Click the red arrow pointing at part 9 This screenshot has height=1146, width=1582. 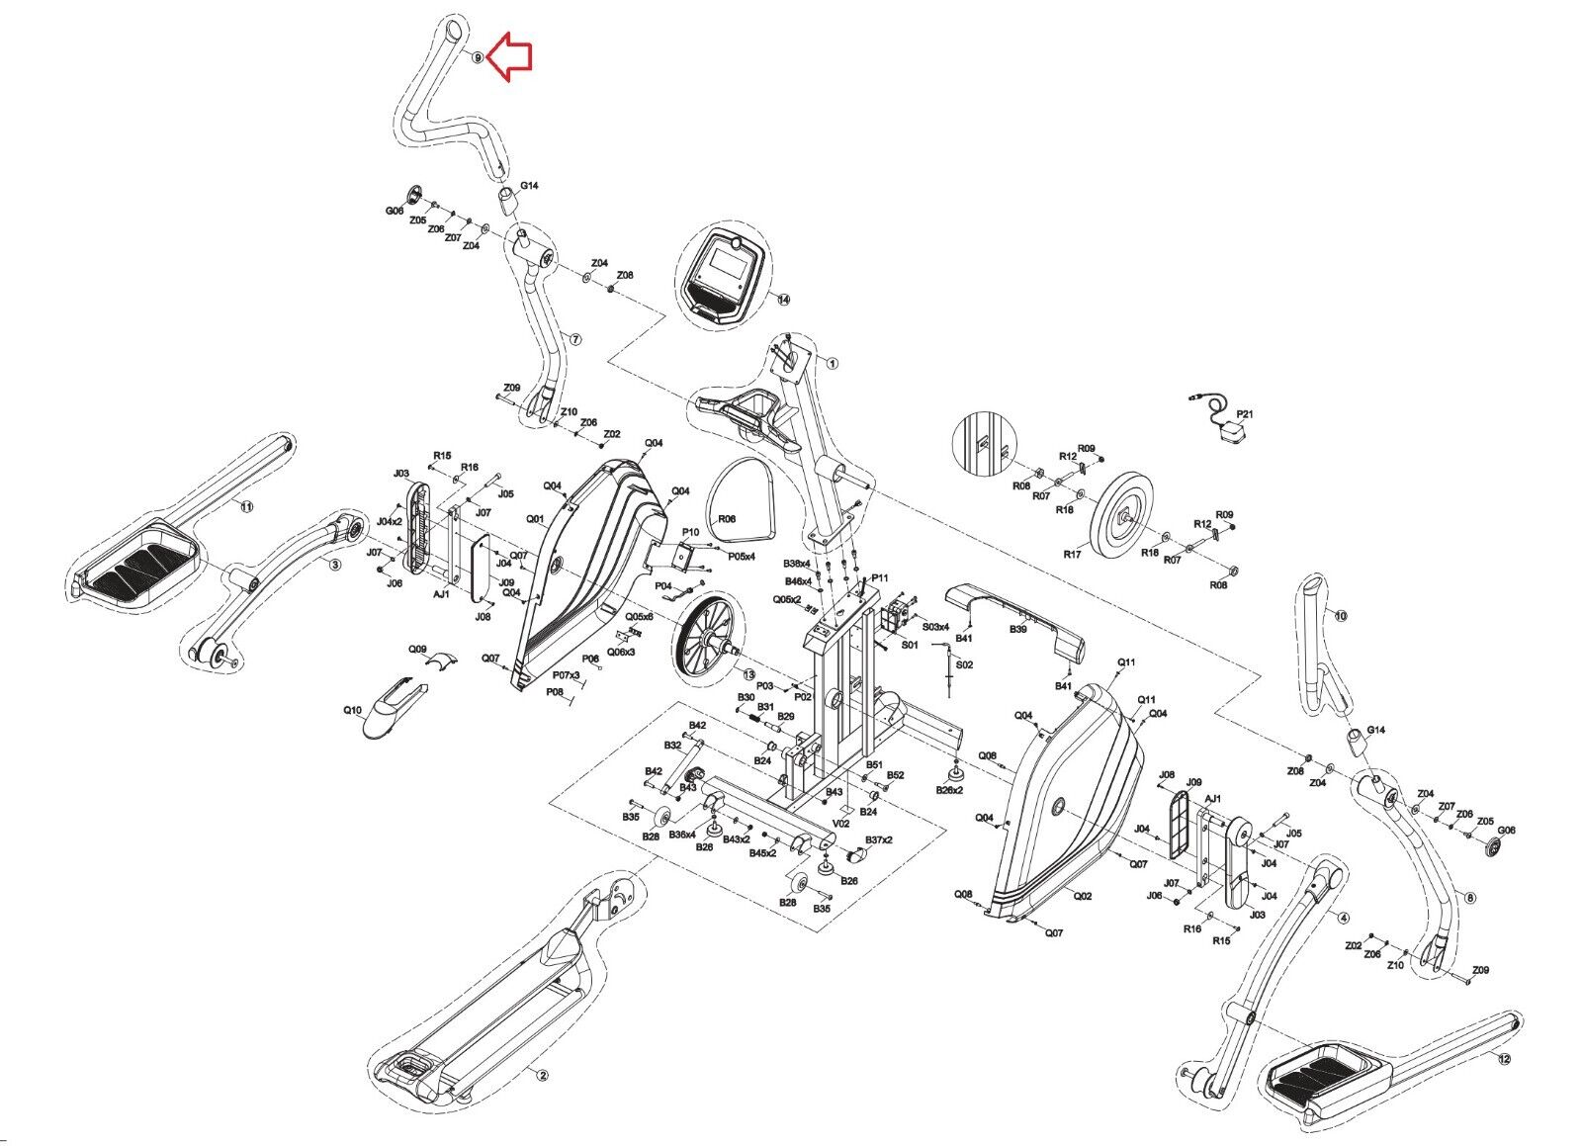[x=511, y=55]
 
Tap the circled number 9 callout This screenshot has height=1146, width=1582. [x=478, y=57]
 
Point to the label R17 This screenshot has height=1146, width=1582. [x=1072, y=555]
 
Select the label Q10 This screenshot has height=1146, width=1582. [x=353, y=710]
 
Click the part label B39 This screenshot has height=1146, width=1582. [x=1018, y=629]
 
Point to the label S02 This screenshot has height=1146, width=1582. [x=964, y=664]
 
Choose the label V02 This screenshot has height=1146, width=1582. [x=841, y=822]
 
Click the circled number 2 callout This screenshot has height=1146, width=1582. [x=541, y=1074]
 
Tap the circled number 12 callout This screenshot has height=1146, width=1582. [x=1504, y=1059]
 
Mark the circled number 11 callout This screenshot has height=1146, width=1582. [x=247, y=506]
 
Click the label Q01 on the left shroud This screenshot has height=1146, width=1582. [x=535, y=518]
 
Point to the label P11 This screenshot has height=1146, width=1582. [x=880, y=578]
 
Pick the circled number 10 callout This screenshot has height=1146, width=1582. [x=1340, y=615]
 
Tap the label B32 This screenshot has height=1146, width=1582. [x=672, y=746]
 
